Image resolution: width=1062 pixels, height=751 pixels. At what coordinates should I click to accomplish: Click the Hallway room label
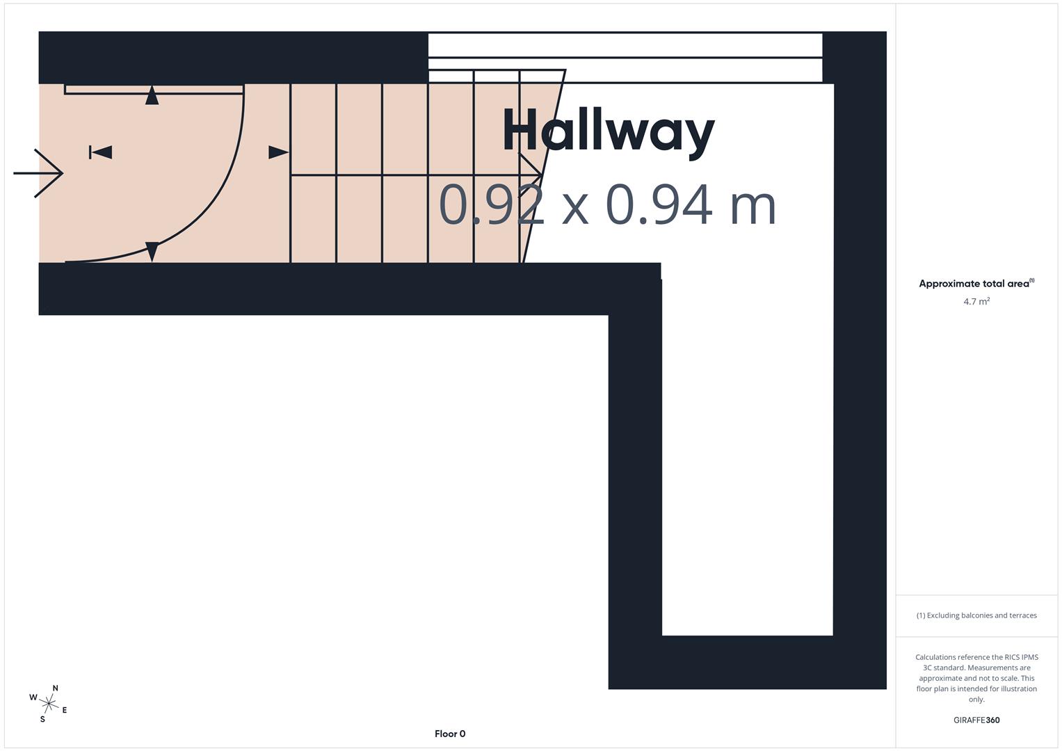(608, 130)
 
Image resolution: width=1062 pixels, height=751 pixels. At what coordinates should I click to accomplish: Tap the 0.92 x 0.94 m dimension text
(606, 205)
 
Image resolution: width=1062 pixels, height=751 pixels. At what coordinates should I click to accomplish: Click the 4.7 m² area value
(976, 301)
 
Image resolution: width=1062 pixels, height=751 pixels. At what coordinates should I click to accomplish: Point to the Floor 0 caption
(449, 734)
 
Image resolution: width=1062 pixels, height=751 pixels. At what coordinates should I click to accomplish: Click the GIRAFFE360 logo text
(976, 720)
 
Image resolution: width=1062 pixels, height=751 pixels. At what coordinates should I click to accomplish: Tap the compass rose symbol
(49, 704)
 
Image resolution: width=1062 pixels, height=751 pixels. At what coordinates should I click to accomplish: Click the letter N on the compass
(55, 688)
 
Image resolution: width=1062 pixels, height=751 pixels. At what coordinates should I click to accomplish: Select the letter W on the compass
(33, 697)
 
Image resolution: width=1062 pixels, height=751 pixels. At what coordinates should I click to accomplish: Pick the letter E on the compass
(65, 710)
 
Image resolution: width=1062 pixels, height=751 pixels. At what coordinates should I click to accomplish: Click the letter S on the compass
(42, 719)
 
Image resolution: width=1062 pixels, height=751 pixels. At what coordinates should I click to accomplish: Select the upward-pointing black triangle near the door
(152, 96)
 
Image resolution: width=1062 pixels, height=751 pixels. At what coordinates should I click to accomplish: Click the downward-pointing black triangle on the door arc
(152, 250)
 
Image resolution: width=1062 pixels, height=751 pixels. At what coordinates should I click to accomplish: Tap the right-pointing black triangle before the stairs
(277, 152)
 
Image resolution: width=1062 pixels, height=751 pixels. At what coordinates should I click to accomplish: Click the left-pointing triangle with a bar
(100, 152)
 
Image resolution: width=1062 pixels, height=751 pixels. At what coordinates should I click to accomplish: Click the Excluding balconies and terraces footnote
(976, 615)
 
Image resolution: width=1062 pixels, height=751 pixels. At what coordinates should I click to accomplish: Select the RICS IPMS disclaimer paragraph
(976, 678)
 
